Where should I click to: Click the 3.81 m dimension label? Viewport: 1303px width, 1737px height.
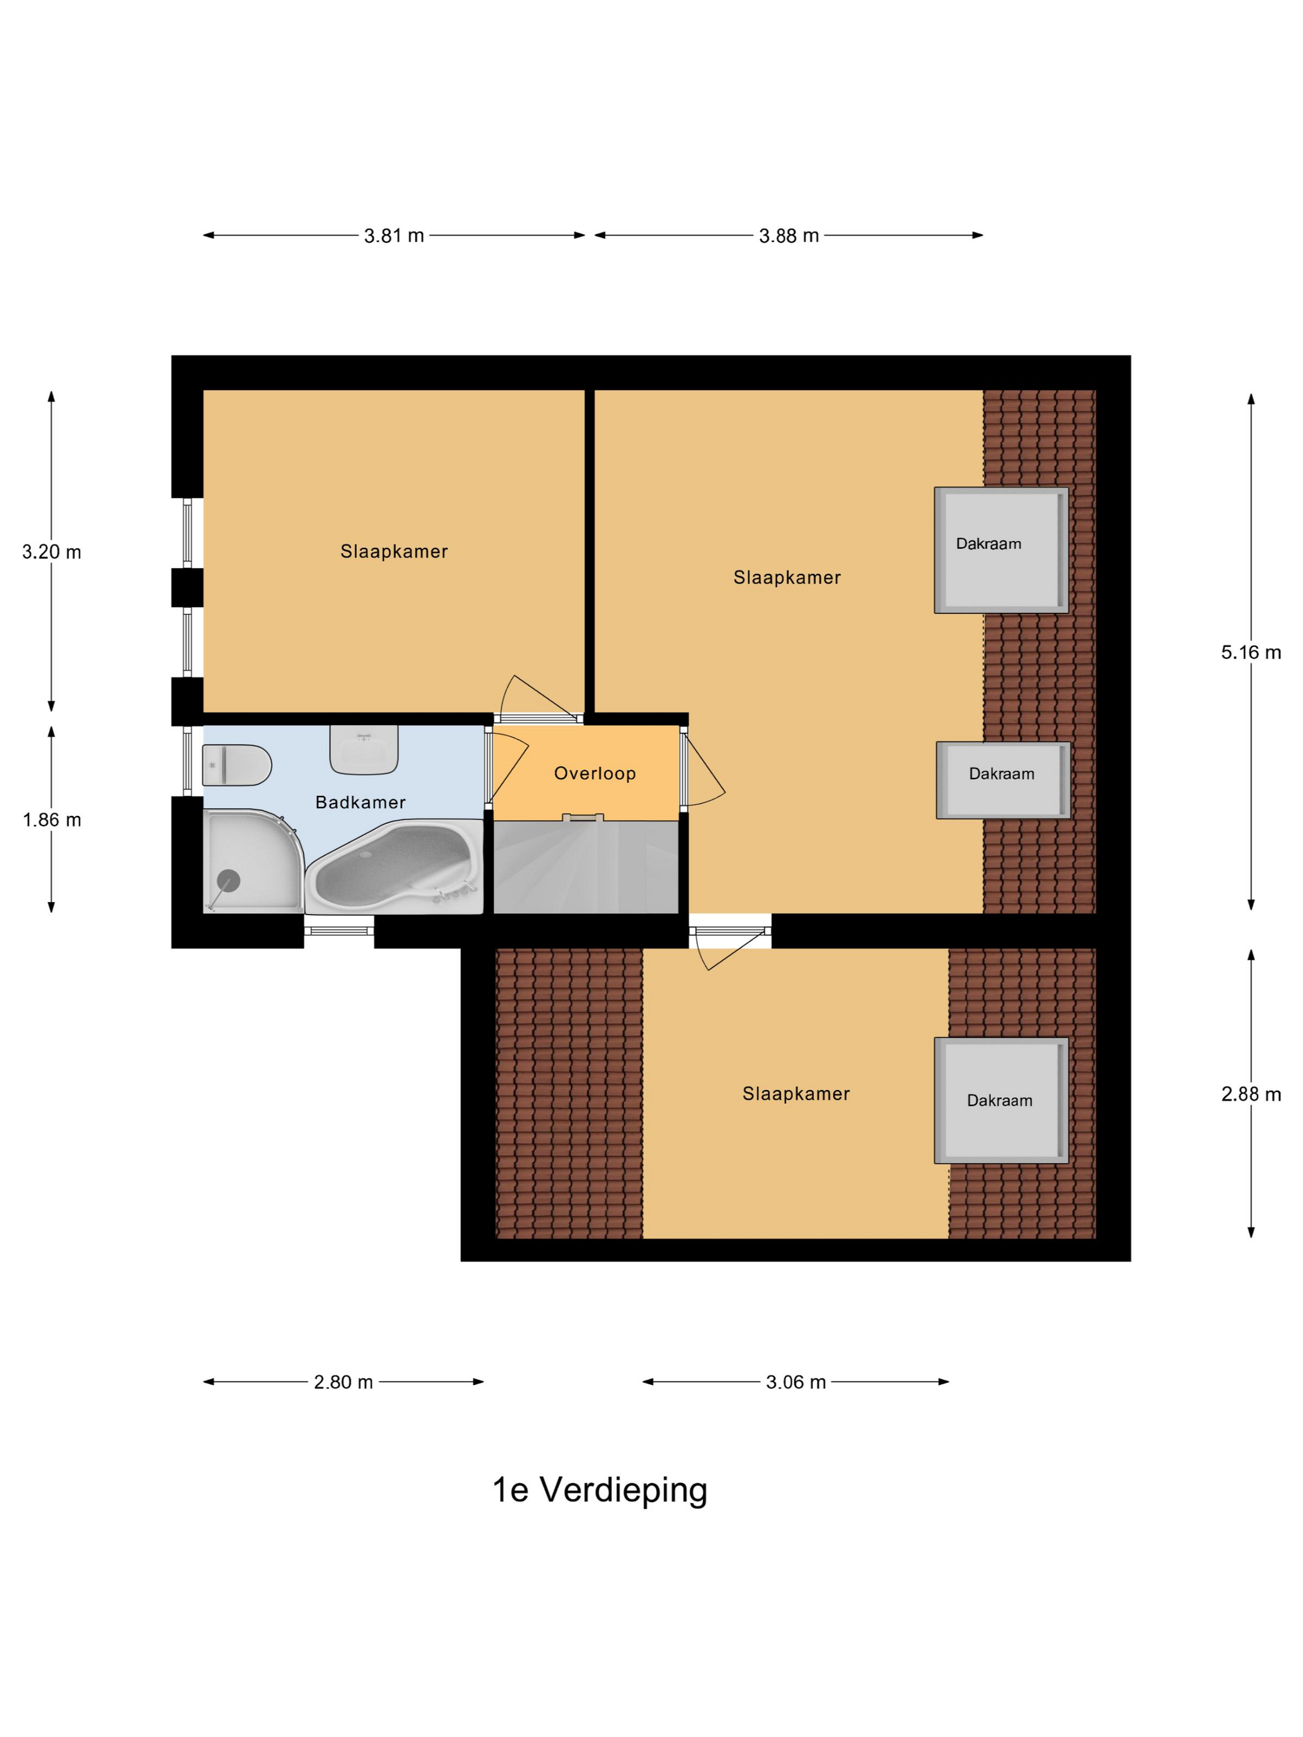393,236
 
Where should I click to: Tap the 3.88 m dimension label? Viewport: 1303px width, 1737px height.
788,236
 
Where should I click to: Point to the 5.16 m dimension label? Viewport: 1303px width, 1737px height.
1250,652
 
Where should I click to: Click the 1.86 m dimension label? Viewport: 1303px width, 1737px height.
52,820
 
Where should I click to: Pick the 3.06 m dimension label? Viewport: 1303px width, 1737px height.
795,1382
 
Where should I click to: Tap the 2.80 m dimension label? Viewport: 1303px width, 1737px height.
343,1382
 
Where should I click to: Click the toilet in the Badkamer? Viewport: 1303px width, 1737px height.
236,765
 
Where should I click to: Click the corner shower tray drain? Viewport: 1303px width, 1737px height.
228,880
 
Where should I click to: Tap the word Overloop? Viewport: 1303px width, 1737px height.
594,774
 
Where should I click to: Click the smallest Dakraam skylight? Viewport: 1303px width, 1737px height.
1003,780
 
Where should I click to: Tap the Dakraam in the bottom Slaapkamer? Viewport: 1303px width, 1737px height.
1000,1100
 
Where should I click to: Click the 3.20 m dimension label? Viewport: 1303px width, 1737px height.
52,552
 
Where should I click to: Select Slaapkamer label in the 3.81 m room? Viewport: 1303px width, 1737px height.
393,551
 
